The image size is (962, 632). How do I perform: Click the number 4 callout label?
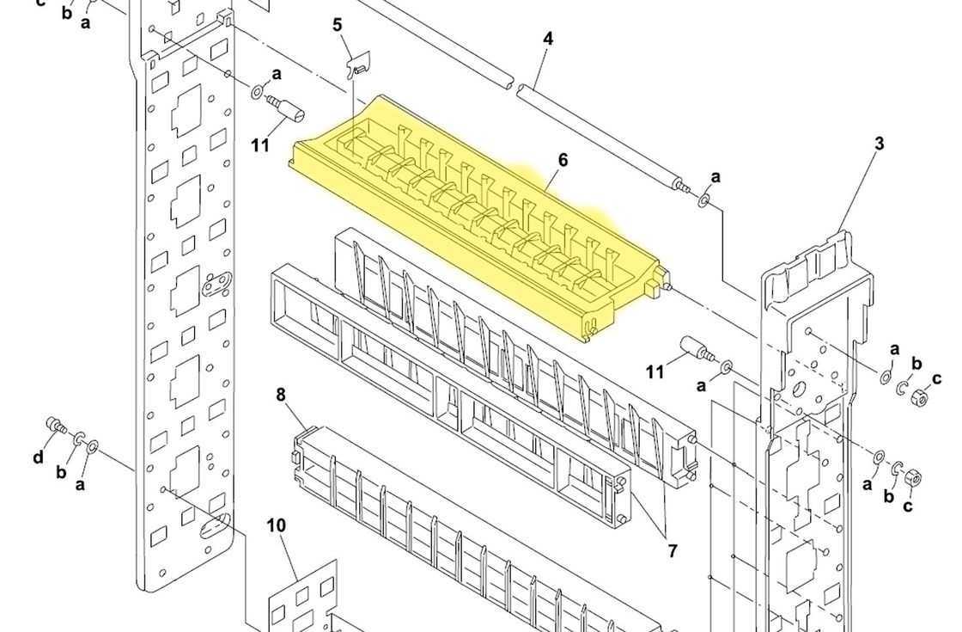click(547, 39)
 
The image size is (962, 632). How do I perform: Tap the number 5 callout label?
click(338, 24)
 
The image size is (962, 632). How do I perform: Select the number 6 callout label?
click(563, 160)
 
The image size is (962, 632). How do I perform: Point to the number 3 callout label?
click(879, 144)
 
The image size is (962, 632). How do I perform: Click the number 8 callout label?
click(281, 396)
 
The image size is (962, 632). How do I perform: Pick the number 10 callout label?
click(276, 525)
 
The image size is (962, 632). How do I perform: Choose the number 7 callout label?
click(672, 551)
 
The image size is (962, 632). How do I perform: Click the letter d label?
click(38, 457)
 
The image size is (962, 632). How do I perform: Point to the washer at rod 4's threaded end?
click(703, 200)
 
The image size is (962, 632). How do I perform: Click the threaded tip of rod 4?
click(682, 185)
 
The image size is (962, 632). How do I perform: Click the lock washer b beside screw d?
click(78, 439)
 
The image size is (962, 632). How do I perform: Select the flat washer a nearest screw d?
click(93, 446)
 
